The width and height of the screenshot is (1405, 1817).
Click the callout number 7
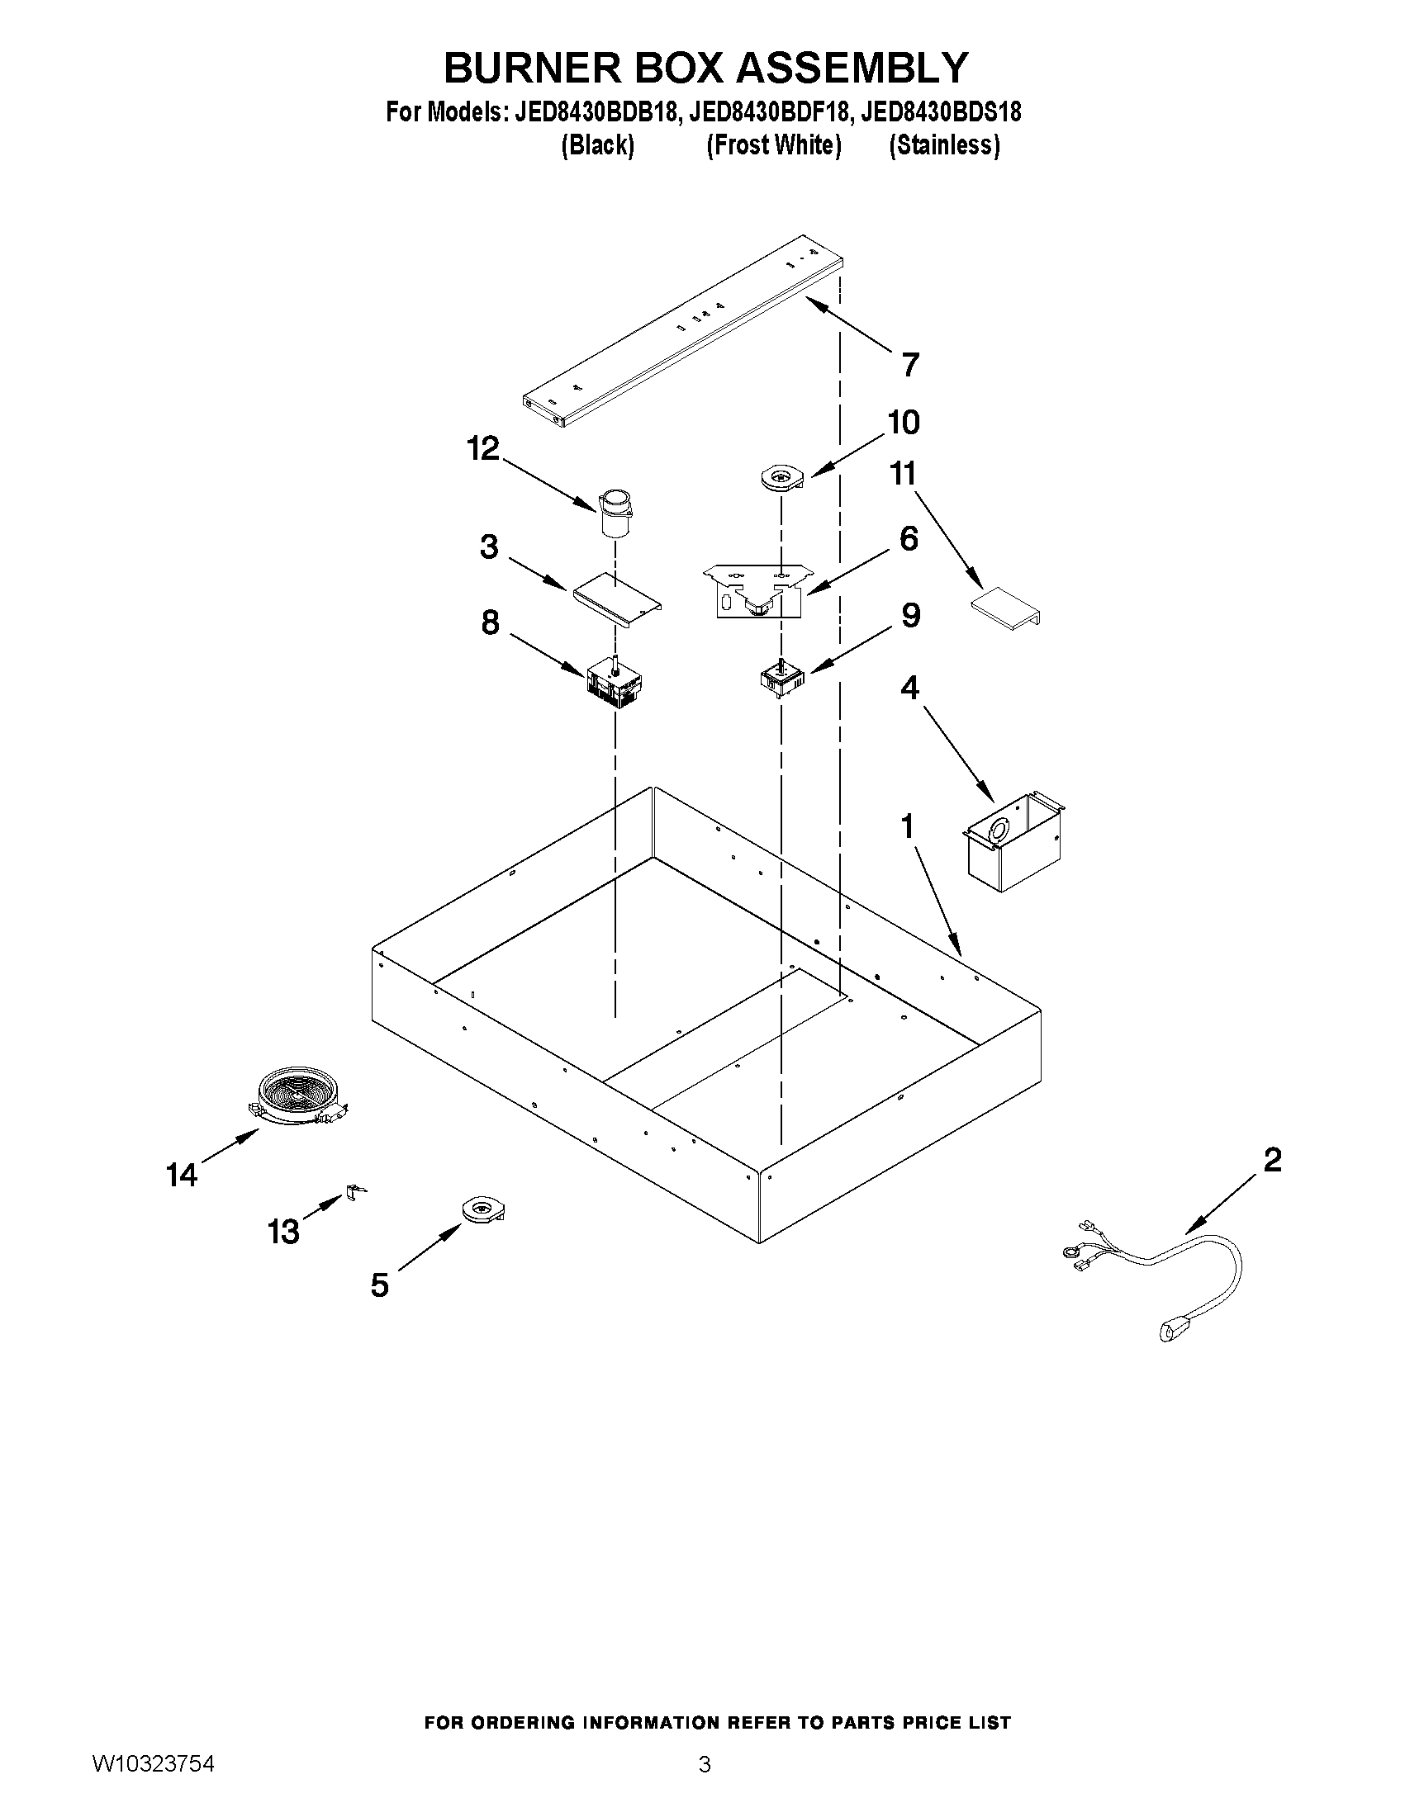(x=909, y=364)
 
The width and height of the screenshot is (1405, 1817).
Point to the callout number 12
(x=482, y=448)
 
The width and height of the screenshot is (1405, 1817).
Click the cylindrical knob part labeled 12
(x=615, y=513)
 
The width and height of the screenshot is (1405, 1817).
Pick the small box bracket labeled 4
(x=1013, y=843)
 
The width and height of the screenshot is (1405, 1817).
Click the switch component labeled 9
(x=782, y=678)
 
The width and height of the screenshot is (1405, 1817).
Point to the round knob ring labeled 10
(x=782, y=478)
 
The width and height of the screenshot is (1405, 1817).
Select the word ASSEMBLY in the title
(x=852, y=69)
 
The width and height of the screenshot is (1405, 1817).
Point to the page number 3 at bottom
(x=705, y=1764)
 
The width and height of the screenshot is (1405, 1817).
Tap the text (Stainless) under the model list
(x=944, y=145)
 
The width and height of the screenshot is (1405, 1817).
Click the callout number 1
(x=907, y=826)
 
